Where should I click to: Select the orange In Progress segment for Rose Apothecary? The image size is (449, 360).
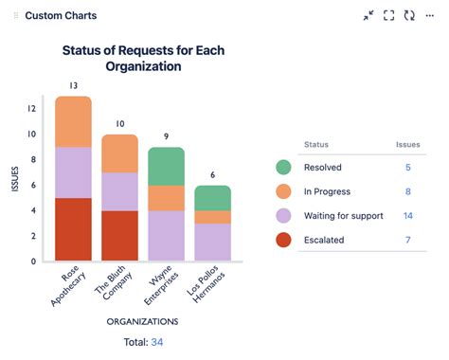pos(73,121)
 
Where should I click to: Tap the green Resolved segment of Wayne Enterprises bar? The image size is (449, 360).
pos(166,166)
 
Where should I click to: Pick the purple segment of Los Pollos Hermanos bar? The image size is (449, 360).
pos(211,242)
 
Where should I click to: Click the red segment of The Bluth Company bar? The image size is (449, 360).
pos(119,236)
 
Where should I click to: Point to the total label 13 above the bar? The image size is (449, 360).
pos(73,86)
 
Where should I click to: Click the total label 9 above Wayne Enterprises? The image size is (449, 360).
pos(166,136)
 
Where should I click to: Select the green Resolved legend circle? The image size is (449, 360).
pos(283,167)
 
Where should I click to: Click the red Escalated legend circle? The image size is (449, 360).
pos(283,240)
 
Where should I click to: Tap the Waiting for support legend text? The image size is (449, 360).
pos(343,216)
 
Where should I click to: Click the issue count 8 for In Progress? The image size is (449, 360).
pos(407,191)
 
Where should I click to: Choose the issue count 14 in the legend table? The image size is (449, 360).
pos(406,216)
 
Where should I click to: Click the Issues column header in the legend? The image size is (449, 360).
pos(407,145)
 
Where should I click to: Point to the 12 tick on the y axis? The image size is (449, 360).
pos(32,108)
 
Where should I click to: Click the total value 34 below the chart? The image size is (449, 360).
pos(156,342)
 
